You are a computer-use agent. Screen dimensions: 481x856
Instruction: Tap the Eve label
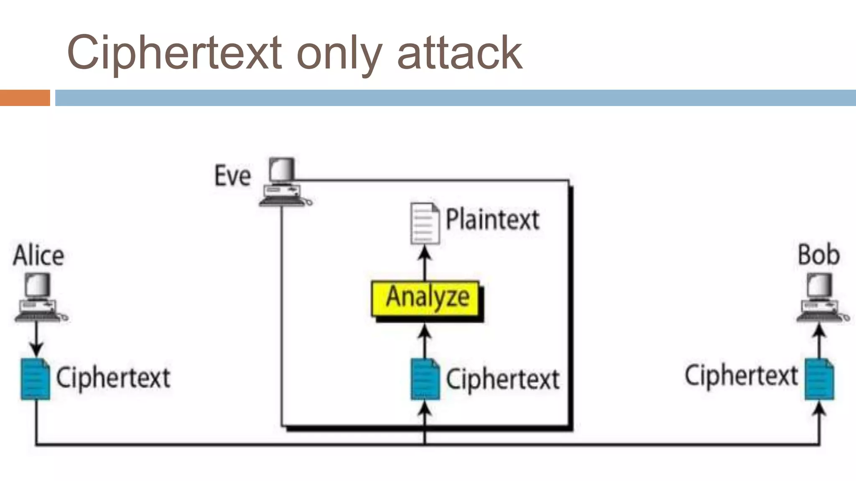click(x=233, y=176)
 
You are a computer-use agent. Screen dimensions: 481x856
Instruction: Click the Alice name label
click(x=39, y=256)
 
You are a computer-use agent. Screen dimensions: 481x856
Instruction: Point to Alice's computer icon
click(x=38, y=297)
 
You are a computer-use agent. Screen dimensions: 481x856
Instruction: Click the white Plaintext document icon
click(x=425, y=223)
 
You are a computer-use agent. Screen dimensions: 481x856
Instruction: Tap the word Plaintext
click(x=492, y=220)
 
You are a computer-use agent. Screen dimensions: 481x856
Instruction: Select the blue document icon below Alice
click(x=35, y=379)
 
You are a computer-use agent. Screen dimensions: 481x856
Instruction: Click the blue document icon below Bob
click(x=819, y=379)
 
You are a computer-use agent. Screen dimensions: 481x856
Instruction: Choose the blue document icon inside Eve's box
click(x=425, y=379)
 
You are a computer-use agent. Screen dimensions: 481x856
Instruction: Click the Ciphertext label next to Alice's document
click(x=113, y=378)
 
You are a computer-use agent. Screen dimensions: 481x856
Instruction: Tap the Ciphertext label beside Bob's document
click(x=741, y=375)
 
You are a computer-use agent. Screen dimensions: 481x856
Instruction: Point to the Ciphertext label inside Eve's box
click(x=503, y=379)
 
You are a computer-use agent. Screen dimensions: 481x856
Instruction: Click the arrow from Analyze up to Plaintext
click(x=425, y=263)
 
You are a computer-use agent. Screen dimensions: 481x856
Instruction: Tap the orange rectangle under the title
click(x=25, y=98)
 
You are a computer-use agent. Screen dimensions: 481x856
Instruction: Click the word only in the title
click(x=339, y=53)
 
